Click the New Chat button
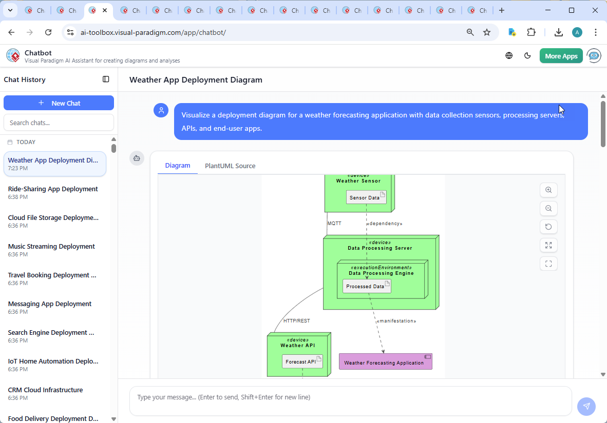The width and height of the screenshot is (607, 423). pos(59,103)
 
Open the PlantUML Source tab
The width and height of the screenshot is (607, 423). pos(230,166)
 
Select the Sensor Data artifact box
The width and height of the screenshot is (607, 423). pos(366,197)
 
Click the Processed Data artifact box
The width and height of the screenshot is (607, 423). pos(367,287)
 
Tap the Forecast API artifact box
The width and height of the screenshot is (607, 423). pos(302,361)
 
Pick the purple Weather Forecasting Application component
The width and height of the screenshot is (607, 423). pos(385,362)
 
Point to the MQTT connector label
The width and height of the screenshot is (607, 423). pos(334,224)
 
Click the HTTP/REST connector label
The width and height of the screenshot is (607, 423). pos(296,321)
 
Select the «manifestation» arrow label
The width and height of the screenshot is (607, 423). pos(396,321)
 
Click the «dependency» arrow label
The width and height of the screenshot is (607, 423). pos(384,224)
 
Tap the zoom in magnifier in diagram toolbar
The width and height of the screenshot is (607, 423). pos(548,190)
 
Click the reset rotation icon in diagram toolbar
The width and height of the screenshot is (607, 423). pos(548,227)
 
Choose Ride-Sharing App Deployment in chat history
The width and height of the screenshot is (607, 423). pos(53,189)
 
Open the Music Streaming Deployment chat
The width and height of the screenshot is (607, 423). pos(51,247)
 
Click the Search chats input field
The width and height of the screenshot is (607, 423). pos(59,123)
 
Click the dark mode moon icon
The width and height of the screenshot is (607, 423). pos(527,56)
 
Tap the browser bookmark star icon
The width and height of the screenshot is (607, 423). pos(487,32)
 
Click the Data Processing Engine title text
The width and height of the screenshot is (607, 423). pos(381,273)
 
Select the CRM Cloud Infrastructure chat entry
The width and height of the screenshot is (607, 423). pos(46,390)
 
